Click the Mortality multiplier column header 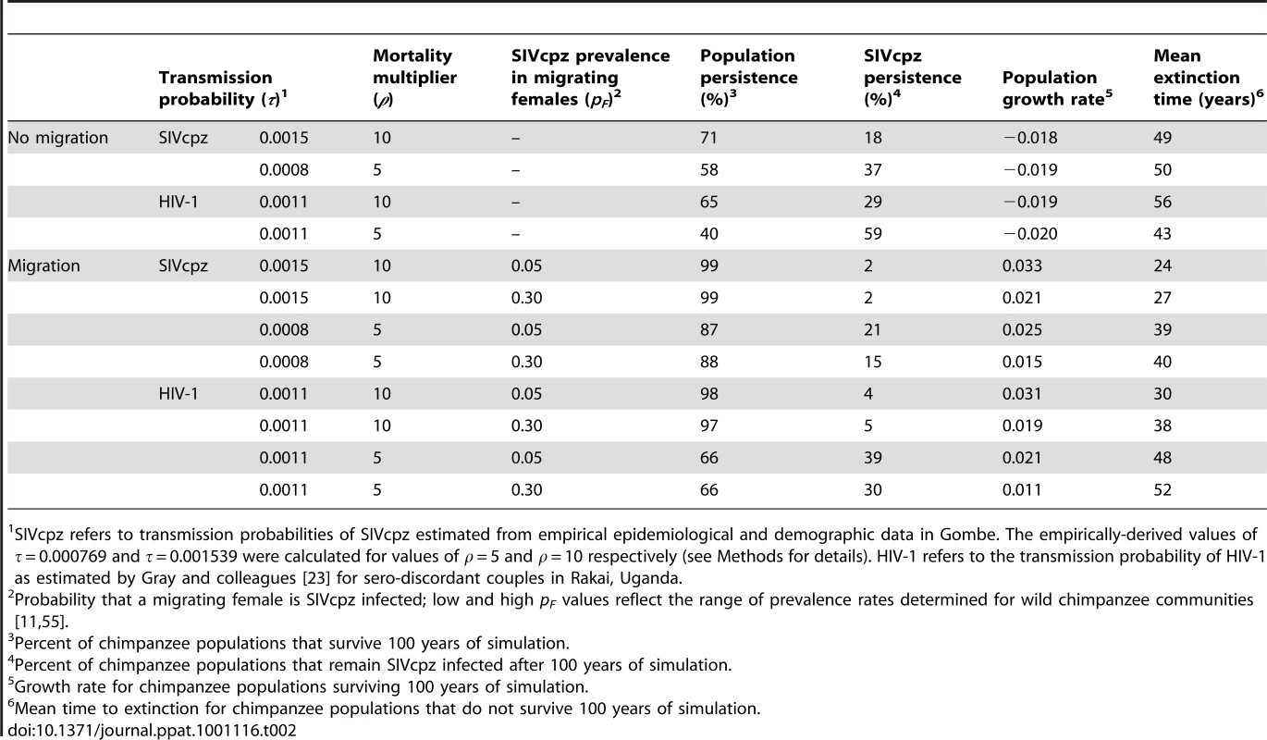coord(414,77)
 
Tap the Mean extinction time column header coord(1208,77)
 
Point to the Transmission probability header coord(223,88)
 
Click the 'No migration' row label coord(57,138)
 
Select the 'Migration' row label coord(43,265)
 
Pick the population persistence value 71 coord(708,138)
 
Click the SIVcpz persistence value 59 coord(873,234)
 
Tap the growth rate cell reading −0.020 coord(1029,234)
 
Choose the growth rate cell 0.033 coord(1022,265)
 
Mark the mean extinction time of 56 coord(1162,202)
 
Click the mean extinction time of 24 coord(1162,265)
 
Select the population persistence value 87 coord(708,329)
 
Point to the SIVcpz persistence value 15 coord(873,362)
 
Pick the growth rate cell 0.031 coord(1022,394)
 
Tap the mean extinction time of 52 coord(1162,489)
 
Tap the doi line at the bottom coord(153,730)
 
